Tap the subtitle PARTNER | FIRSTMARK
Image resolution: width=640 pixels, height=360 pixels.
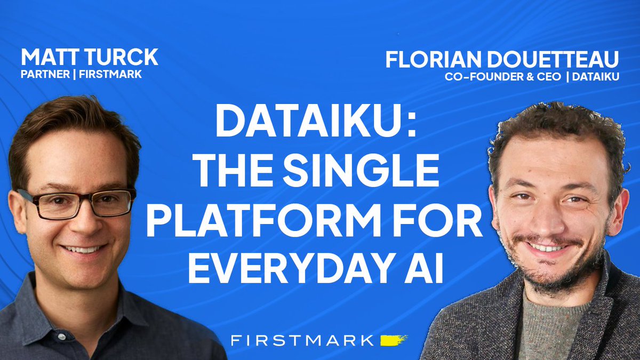point(81,74)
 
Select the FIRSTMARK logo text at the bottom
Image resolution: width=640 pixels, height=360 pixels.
point(303,340)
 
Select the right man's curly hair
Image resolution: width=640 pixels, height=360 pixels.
point(555,128)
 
